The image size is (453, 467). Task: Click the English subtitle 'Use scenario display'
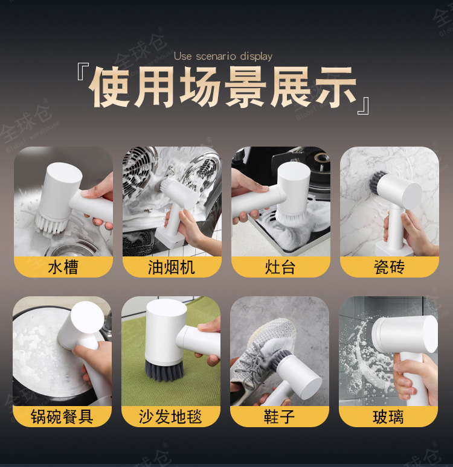(223, 56)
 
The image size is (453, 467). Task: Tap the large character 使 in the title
(111, 87)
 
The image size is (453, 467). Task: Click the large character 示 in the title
(335, 87)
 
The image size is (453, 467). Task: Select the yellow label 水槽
(63, 267)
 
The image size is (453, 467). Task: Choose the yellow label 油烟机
(172, 267)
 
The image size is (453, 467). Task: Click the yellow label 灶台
(281, 267)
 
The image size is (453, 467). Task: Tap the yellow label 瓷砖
(389, 267)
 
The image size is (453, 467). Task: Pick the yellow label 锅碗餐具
(62, 416)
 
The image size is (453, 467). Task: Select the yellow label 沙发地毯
(170, 416)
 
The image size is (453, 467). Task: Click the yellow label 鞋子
(280, 416)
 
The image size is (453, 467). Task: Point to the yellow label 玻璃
(388, 416)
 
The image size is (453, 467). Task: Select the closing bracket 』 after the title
(364, 106)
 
